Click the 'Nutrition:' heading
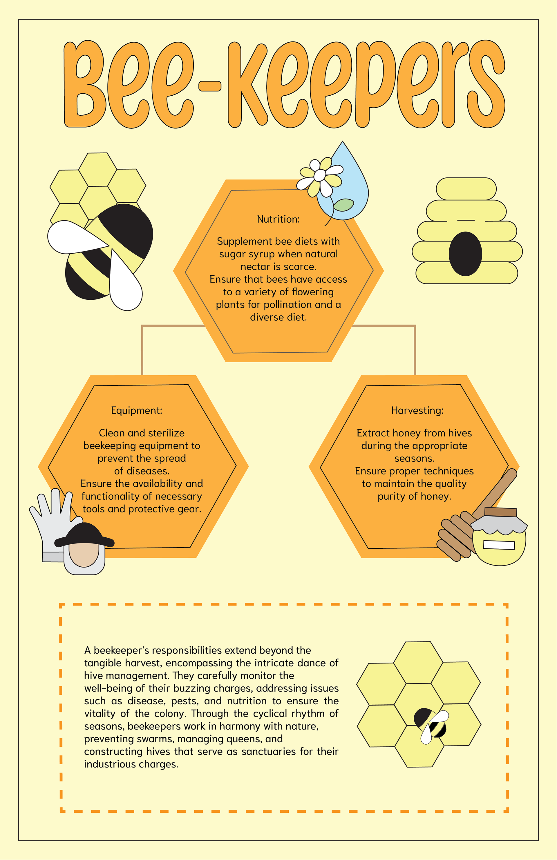tap(278, 219)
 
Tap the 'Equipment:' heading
tap(136, 410)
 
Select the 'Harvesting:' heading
tap(417, 410)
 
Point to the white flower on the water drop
tap(320, 176)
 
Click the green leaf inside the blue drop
tap(343, 205)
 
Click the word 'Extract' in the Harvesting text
tap(373, 433)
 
